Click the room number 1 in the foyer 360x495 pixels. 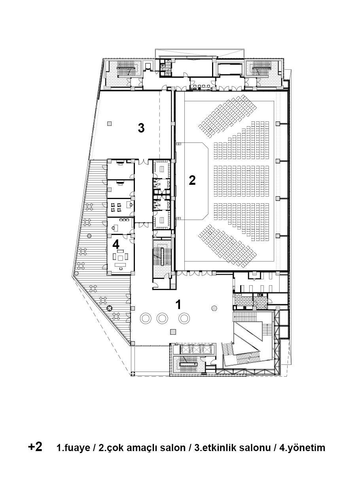coord(178,305)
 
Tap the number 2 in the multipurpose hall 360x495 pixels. coord(192,180)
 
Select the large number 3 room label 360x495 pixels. coord(141,128)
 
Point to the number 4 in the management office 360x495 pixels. coord(116,245)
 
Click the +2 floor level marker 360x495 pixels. coord(35,446)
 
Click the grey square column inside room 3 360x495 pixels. coord(109,123)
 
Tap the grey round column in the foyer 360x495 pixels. coord(214,308)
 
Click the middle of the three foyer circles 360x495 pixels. coord(162,319)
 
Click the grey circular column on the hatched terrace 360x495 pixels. coord(89,236)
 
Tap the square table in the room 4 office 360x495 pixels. coord(121,258)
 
